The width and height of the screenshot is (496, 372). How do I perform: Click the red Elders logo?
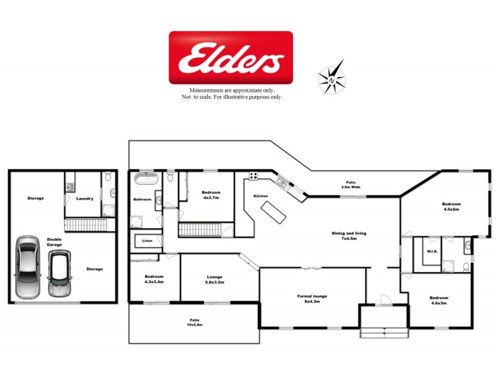click(x=231, y=57)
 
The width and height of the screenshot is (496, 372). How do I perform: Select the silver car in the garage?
click(x=27, y=267)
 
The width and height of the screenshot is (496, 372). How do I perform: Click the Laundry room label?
click(x=85, y=198)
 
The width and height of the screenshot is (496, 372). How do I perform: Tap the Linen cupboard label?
click(x=147, y=241)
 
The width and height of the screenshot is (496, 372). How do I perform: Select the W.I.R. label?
click(x=433, y=252)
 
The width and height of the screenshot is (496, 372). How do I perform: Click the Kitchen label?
click(x=260, y=196)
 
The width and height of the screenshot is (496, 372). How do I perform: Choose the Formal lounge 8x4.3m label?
click(x=312, y=299)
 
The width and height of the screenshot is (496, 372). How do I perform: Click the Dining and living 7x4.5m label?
click(x=349, y=236)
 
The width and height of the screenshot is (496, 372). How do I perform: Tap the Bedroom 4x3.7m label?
click(x=211, y=195)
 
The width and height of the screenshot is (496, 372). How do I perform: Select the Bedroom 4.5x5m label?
click(x=451, y=206)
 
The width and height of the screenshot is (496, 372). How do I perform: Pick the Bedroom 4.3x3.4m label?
click(x=154, y=279)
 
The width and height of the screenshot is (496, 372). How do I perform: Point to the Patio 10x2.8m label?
click(x=195, y=322)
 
